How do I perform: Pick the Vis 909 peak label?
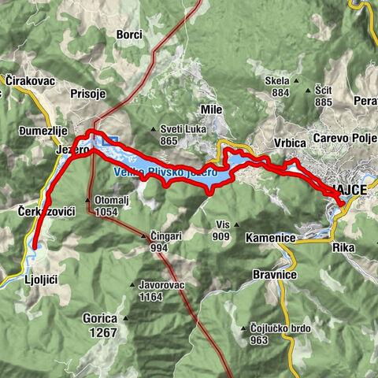[221, 230]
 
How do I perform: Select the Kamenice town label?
[270, 237]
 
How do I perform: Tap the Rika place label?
[343, 247]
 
